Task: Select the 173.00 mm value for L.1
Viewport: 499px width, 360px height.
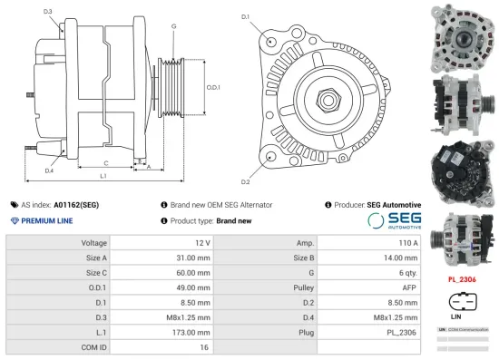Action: [x=190, y=332]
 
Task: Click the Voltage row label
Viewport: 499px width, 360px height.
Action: [x=94, y=243]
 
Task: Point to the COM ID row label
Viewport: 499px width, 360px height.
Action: [x=94, y=346]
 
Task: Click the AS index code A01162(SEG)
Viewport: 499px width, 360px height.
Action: [x=76, y=205]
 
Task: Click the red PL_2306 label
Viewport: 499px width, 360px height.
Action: [x=464, y=280]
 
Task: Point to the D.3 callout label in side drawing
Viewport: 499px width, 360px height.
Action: [x=47, y=12]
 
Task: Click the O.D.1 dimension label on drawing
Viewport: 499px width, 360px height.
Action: [x=213, y=87]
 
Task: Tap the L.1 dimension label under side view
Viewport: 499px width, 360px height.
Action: [x=103, y=174]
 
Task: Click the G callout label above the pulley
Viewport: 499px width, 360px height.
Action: [x=173, y=26]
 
